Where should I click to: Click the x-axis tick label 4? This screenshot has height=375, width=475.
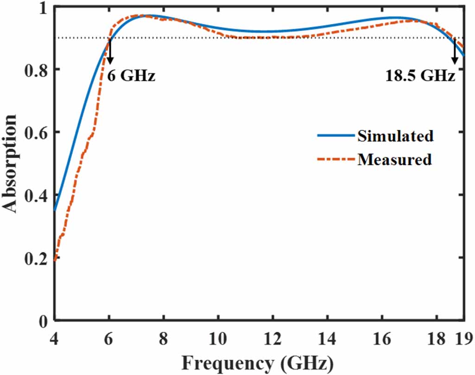[55, 338]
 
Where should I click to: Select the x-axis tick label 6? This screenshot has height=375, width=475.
[109, 338]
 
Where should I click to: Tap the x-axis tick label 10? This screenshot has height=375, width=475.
[218, 338]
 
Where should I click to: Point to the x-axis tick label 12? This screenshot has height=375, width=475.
[272, 338]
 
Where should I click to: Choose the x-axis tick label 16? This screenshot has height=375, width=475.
[381, 338]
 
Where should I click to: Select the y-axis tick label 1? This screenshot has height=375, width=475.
[45, 8]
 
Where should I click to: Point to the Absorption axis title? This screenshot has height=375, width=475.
[12, 164]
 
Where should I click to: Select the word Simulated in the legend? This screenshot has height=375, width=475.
[395, 136]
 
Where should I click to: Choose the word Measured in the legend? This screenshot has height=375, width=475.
[394, 159]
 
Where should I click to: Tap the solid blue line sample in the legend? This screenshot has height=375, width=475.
[335, 136]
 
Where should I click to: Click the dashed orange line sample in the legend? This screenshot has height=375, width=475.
[335, 159]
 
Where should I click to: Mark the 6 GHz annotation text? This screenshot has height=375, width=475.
[131, 75]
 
